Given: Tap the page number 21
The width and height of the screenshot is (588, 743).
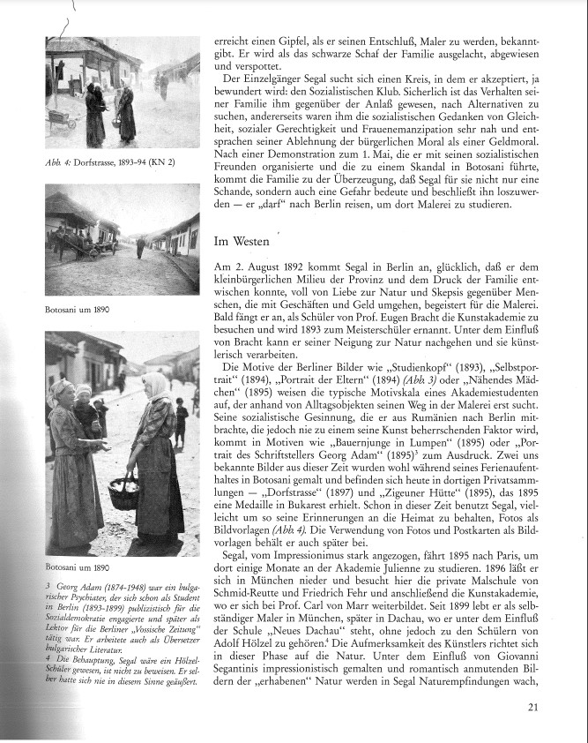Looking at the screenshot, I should pyautogui.click(x=534, y=706).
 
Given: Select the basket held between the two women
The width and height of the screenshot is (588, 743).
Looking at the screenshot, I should pyautogui.click(x=123, y=490).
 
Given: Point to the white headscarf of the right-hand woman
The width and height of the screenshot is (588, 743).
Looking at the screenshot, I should pyautogui.click(x=155, y=385).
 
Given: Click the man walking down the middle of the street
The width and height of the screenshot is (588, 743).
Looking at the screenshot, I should pyautogui.click(x=139, y=248).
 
